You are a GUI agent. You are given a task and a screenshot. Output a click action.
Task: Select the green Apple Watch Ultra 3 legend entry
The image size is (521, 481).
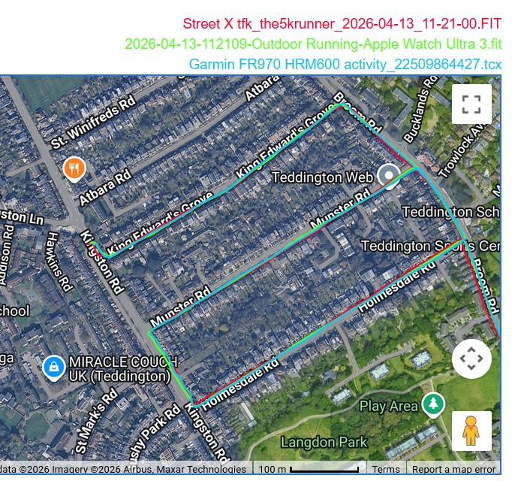(x=313, y=44)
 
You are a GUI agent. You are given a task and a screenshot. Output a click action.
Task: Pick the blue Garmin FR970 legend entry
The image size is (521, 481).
(x=345, y=65)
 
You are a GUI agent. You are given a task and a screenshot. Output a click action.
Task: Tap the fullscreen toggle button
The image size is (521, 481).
(x=471, y=104)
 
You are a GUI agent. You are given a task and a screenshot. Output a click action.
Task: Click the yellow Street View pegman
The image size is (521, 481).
(x=471, y=431)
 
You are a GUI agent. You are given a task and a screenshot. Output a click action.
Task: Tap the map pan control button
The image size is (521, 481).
(x=471, y=358)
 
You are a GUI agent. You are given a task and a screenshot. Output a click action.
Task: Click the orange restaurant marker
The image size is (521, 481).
(x=74, y=168)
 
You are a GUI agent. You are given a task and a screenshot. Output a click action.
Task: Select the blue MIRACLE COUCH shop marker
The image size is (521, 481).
(x=53, y=368)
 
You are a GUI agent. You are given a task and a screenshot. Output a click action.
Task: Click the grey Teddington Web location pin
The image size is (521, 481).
(x=389, y=177)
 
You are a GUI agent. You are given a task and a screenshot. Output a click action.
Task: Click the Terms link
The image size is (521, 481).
(x=386, y=470)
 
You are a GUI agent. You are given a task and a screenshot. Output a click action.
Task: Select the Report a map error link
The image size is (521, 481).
(x=453, y=470)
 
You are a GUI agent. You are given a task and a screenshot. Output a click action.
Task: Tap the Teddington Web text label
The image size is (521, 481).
(x=322, y=177)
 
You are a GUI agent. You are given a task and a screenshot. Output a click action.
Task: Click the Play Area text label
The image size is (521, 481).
(x=388, y=407)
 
